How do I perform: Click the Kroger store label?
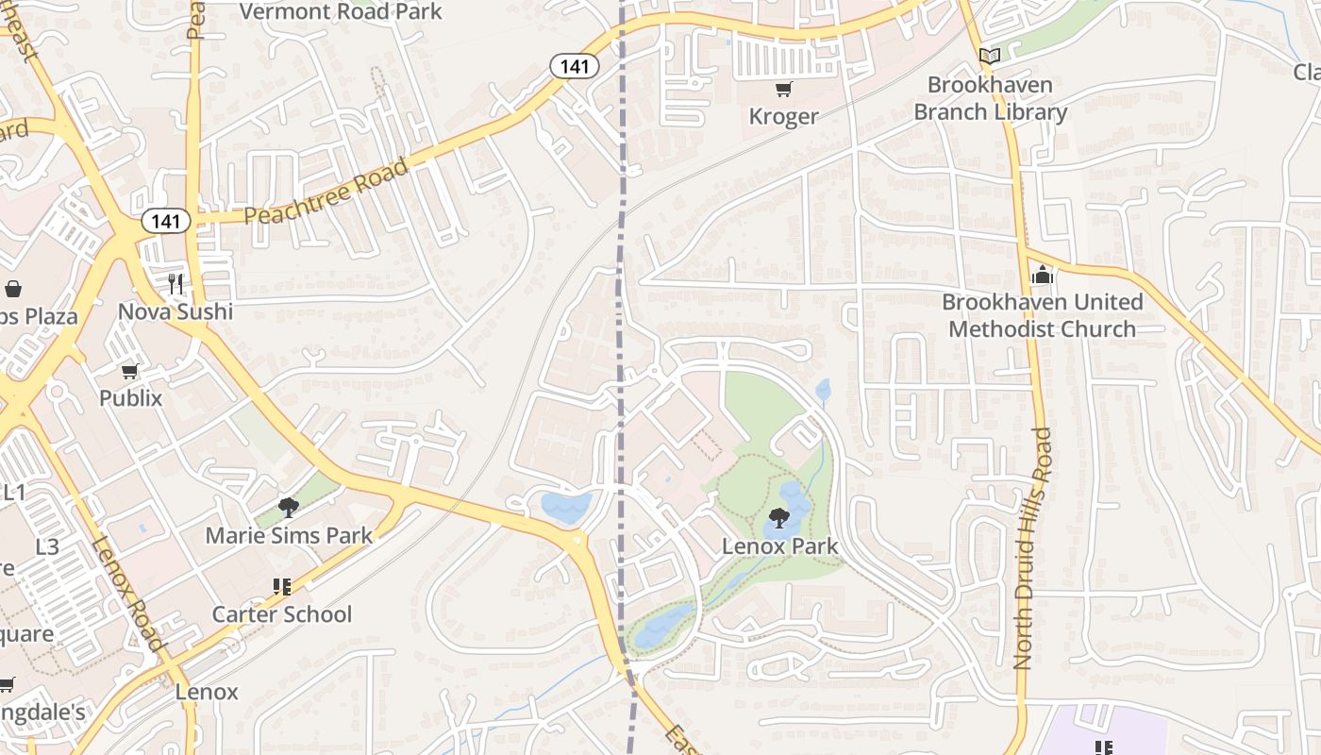coord(783,117)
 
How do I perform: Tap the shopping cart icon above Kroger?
coord(783,90)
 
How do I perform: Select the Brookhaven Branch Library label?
coord(990,98)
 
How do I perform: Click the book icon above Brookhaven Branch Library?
coord(989,57)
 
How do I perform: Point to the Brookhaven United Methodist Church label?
coord(1042,315)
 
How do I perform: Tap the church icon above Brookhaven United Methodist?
coord(1042,276)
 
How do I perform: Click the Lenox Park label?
coord(779,545)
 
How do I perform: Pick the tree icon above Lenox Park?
coord(779,517)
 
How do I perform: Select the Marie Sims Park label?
coord(289,536)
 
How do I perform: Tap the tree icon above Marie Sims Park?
coord(289,508)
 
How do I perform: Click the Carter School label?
coord(281,614)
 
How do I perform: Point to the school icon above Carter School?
coord(281,587)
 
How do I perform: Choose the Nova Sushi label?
coord(176,310)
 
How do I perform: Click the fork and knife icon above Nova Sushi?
coord(176,283)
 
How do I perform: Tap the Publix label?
coord(131,398)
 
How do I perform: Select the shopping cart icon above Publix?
coord(130,371)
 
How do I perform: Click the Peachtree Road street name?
coord(326,192)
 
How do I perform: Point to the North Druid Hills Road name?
coord(1030,548)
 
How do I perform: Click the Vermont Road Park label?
coord(341,11)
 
